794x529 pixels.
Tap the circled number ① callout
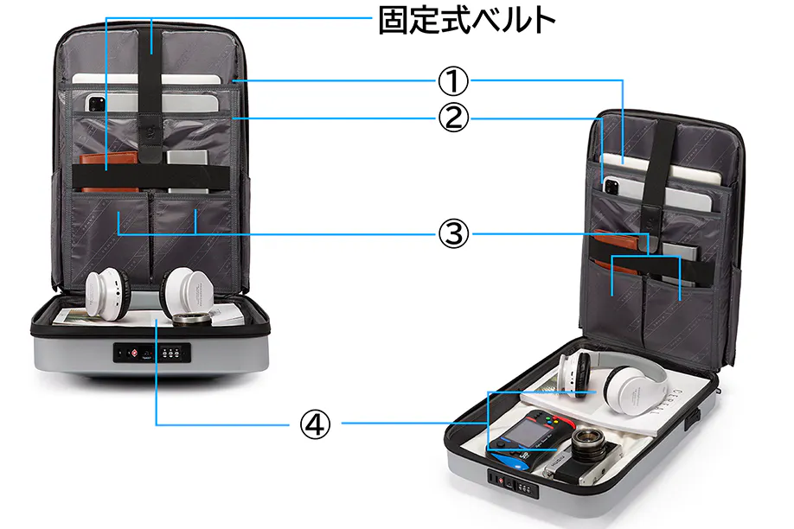coord(451,82)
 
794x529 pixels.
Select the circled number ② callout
coord(451,118)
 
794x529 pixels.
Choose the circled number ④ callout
coord(315,424)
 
